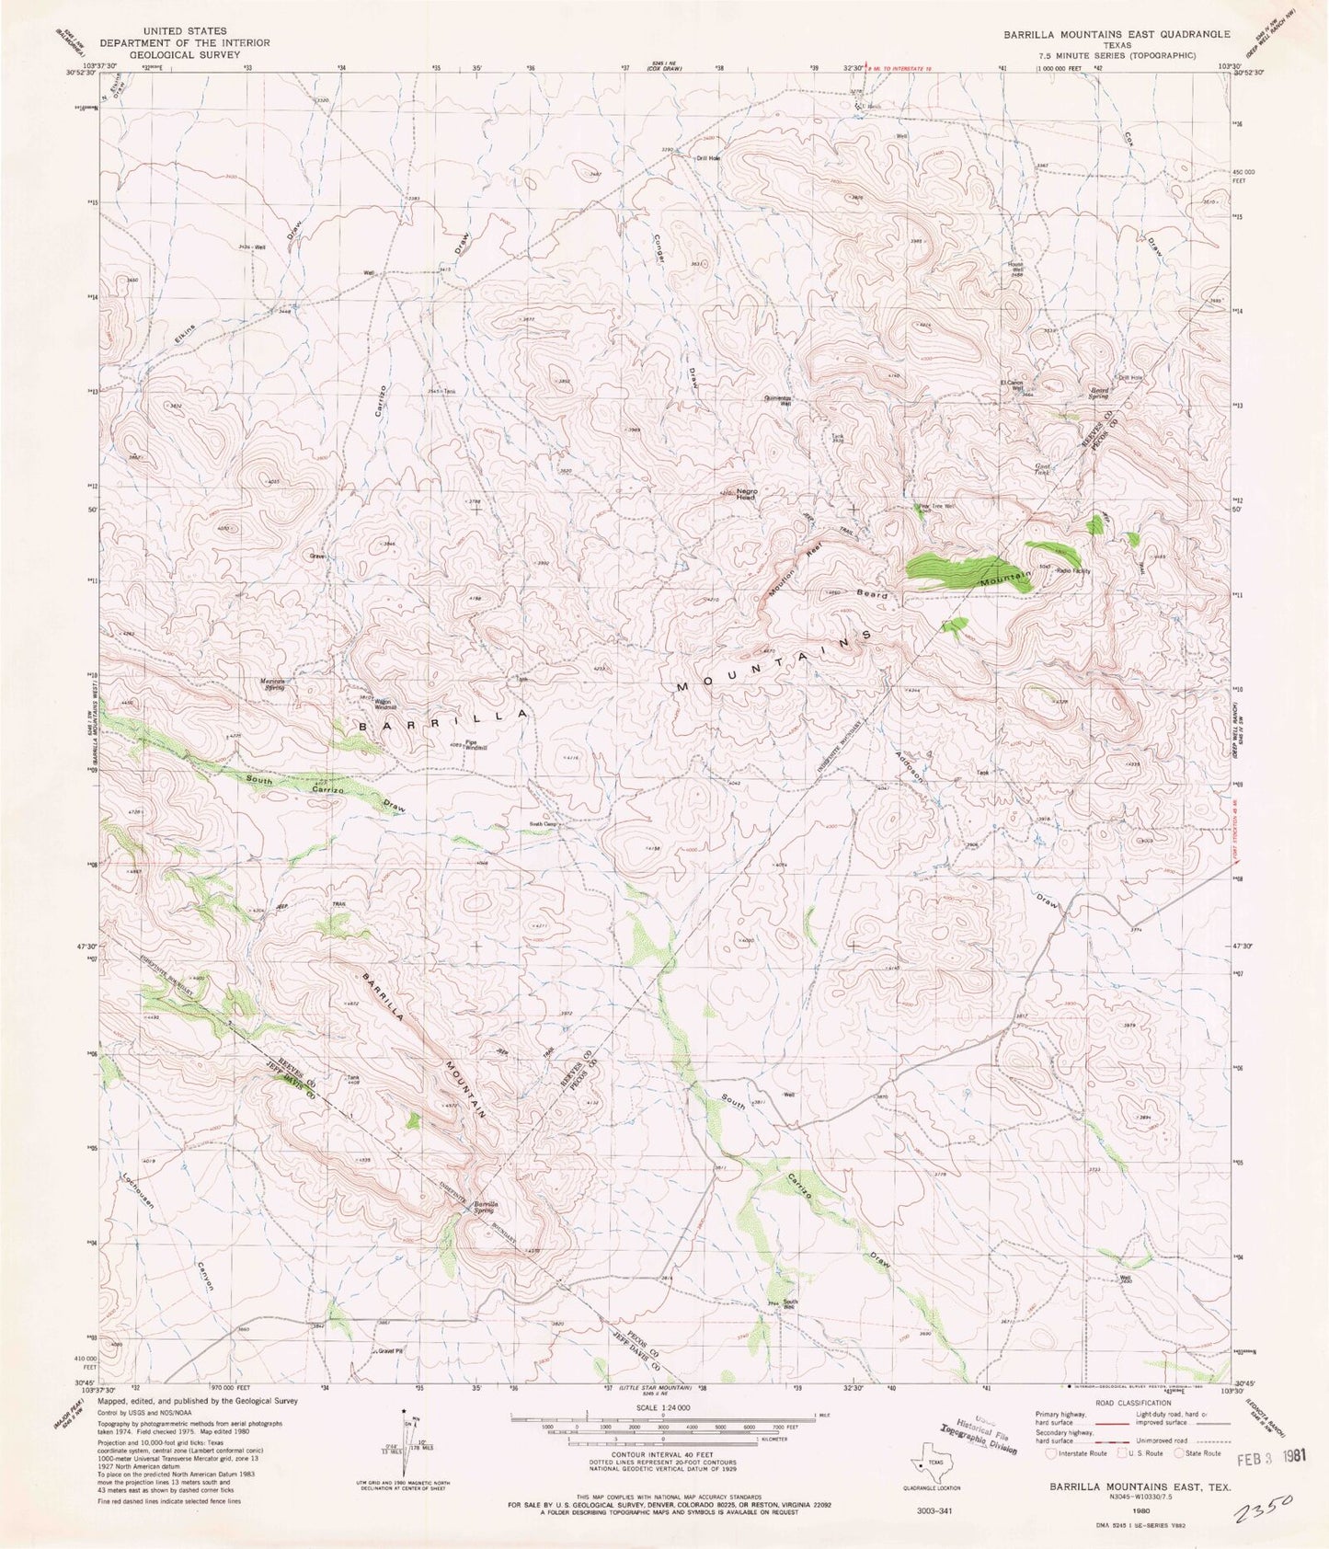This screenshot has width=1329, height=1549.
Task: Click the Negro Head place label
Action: click(x=745, y=494)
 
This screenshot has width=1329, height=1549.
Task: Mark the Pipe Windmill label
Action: click(x=475, y=745)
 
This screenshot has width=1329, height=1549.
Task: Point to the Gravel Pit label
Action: click(x=391, y=1350)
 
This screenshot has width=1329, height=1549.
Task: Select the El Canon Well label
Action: click(x=1012, y=385)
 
